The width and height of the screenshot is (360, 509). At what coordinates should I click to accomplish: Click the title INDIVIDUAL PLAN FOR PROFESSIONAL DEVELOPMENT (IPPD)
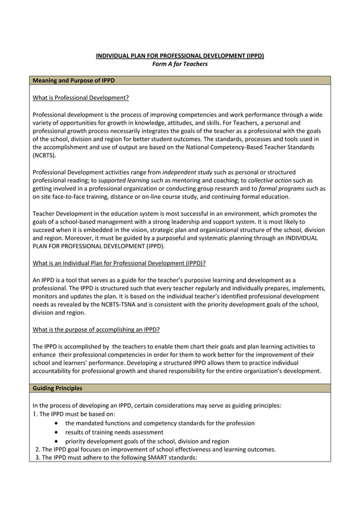pyautogui.click(x=179, y=55)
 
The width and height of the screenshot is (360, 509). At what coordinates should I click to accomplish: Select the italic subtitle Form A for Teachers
pyautogui.click(x=180, y=64)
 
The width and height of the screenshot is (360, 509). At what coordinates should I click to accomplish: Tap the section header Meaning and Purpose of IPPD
pyautogui.click(x=73, y=81)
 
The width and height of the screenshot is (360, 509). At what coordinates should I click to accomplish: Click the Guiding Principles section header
pyautogui.click(x=57, y=388)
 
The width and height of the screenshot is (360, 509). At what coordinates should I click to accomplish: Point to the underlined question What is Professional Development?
pyautogui.click(x=81, y=98)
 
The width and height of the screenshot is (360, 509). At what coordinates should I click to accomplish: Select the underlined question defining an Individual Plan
pyautogui.click(x=119, y=262)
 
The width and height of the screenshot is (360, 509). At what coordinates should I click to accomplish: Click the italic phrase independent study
pyautogui.click(x=184, y=172)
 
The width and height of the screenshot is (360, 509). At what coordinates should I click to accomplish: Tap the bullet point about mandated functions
pyautogui.click(x=160, y=423)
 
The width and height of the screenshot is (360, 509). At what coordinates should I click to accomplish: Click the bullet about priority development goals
pyautogui.click(x=147, y=441)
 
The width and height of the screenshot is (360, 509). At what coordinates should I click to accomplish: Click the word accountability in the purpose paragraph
pyautogui.click(x=54, y=371)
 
